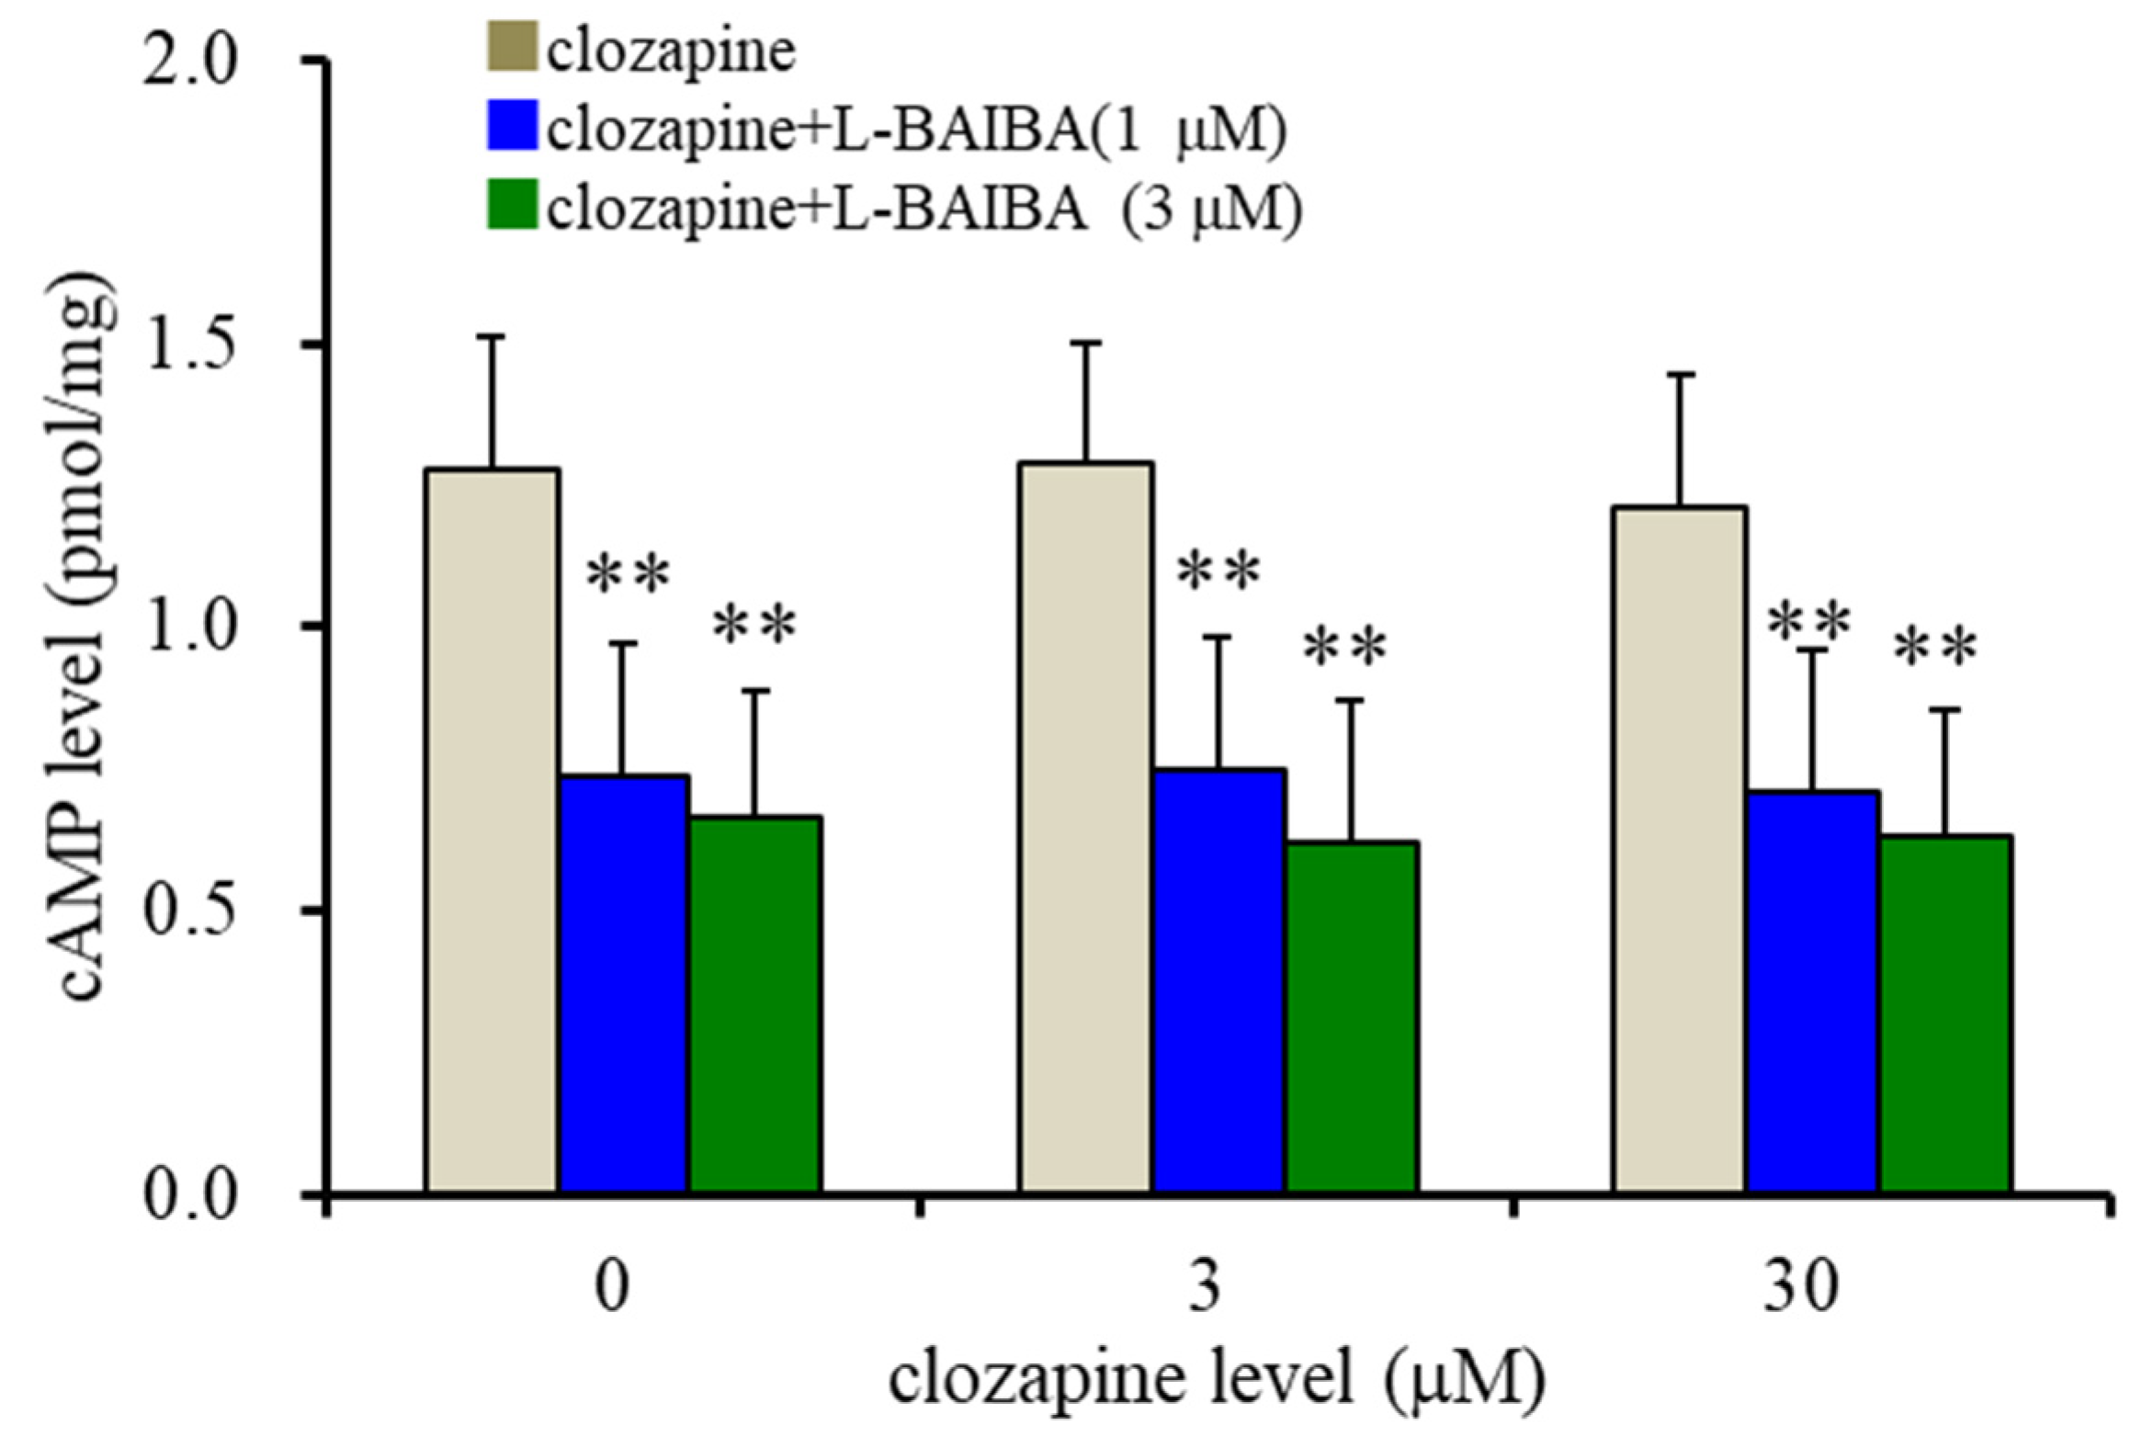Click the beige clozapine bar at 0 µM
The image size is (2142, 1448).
[492, 830]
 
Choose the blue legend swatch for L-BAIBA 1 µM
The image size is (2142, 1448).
[512, 128]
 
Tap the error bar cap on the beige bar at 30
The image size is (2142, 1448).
[1679, 375]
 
